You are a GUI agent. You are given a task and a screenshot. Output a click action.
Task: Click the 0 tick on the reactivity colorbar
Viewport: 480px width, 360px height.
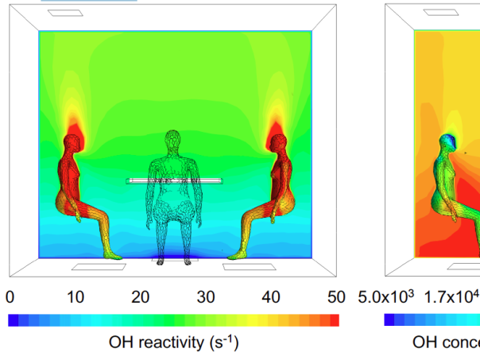pyautogui.click(x=10, y=297)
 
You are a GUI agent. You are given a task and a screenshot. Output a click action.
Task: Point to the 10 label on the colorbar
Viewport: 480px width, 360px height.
pyautogui.click(x=75, y=297)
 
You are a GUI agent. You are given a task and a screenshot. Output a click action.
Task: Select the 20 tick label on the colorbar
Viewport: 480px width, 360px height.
pyautogui.click(x=141, y=297)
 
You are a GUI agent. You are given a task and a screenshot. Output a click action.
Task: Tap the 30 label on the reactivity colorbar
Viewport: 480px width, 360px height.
pyautogui.click(x=206, y=297)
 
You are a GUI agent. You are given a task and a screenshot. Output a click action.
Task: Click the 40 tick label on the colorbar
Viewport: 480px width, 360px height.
pyautogui.click(x=271, y=297)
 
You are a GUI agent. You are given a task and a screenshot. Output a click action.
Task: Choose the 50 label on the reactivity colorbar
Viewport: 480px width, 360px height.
pyautogui.click(x=337, y=297)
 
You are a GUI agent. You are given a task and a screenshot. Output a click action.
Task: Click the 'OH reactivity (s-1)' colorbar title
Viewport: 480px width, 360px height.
pyautogui.click(x=173, y=343)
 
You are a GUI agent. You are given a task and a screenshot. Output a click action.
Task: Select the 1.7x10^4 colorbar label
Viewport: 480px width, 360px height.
pyautogui.click(x=451, y=297)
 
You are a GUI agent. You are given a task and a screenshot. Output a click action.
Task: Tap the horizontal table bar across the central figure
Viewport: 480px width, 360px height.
pyautogui.click(x=174, y=181)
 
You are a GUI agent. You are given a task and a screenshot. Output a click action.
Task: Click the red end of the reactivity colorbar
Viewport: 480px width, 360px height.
pyautogui.click(x=335, y=320)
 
